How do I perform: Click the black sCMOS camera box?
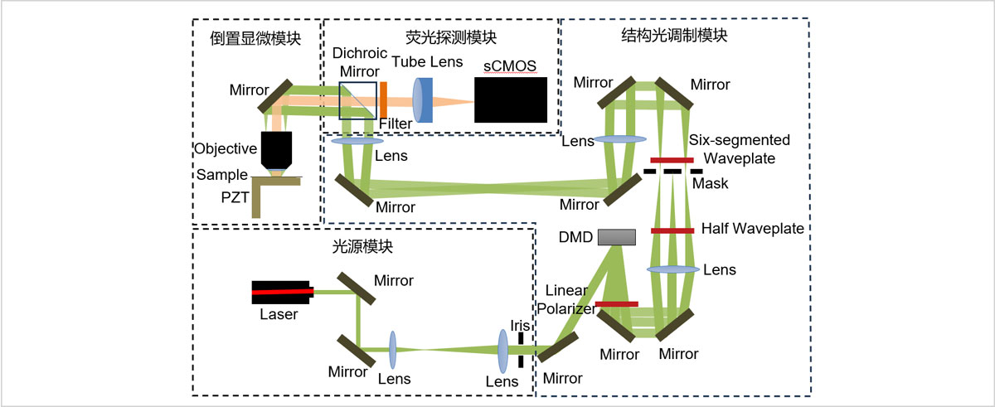[x=511, y=100]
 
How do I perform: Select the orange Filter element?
[x=384, y=100]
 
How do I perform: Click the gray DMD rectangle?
[x=615, y=236]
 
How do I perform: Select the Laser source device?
[x=282, y=292]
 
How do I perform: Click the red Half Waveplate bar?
[x=672, y=230]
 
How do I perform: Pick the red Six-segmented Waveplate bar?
[x=672, y=160]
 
